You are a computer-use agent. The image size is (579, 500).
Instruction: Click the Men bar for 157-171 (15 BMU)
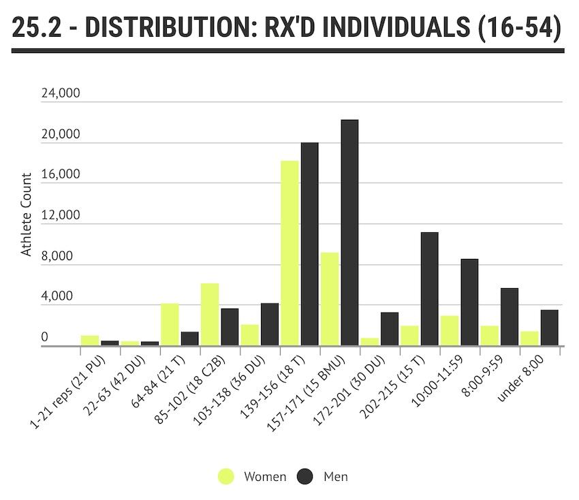(x=349, y=233)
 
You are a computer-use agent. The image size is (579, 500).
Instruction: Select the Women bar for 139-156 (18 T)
(x=289, y=253)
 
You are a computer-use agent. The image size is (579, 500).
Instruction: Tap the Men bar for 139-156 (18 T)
(x=309, y=244)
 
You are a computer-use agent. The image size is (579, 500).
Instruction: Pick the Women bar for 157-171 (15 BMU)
(x=330, y=299)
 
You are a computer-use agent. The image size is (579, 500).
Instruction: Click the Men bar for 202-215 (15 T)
(x=429, y=289)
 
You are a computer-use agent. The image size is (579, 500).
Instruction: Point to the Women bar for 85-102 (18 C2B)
(x=210, y=315)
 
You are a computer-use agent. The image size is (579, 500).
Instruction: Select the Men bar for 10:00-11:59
(x=469, y=302)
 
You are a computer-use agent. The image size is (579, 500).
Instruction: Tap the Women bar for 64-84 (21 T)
(x=170, y=325)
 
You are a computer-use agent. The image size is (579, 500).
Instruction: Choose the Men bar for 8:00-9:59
(x=510, y=317)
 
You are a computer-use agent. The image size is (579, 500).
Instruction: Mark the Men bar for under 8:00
(x=549, y=328)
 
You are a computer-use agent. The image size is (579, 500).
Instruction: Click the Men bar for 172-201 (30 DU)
(x=390, y=329)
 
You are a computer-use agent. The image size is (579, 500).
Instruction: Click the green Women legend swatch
(x=226, y=477)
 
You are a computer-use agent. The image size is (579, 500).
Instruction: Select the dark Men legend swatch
(x=305, y=477)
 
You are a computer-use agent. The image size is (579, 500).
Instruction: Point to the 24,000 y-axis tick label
(x=61, y=94)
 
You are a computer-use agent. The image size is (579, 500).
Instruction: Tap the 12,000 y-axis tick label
(x=61, y=216)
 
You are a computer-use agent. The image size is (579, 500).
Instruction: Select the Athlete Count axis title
(x=27, y=215)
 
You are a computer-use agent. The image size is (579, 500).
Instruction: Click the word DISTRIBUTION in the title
(x=161, y=29)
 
